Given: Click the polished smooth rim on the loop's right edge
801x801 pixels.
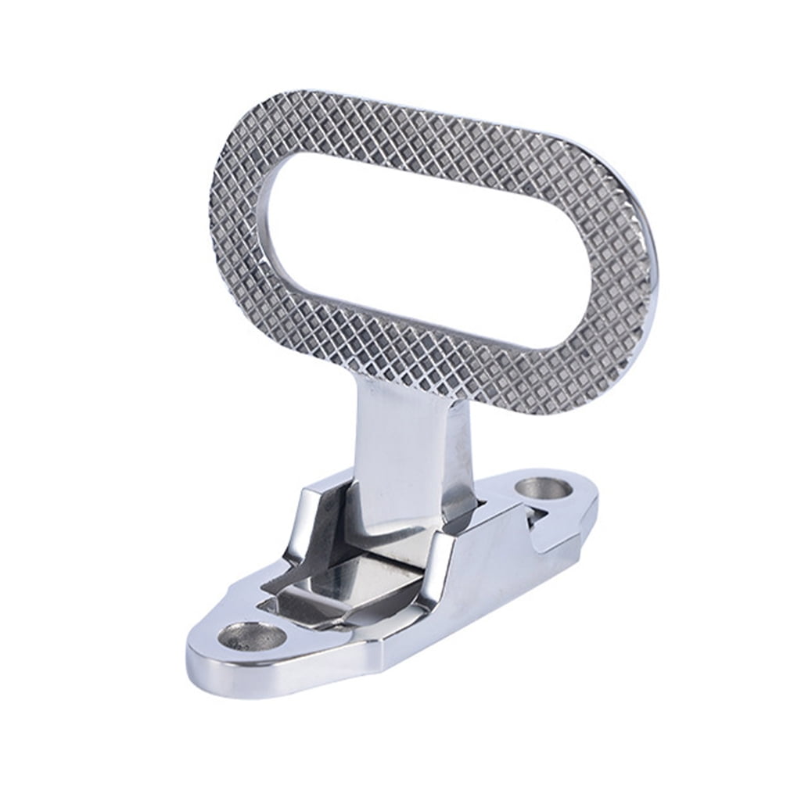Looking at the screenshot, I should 654,297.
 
